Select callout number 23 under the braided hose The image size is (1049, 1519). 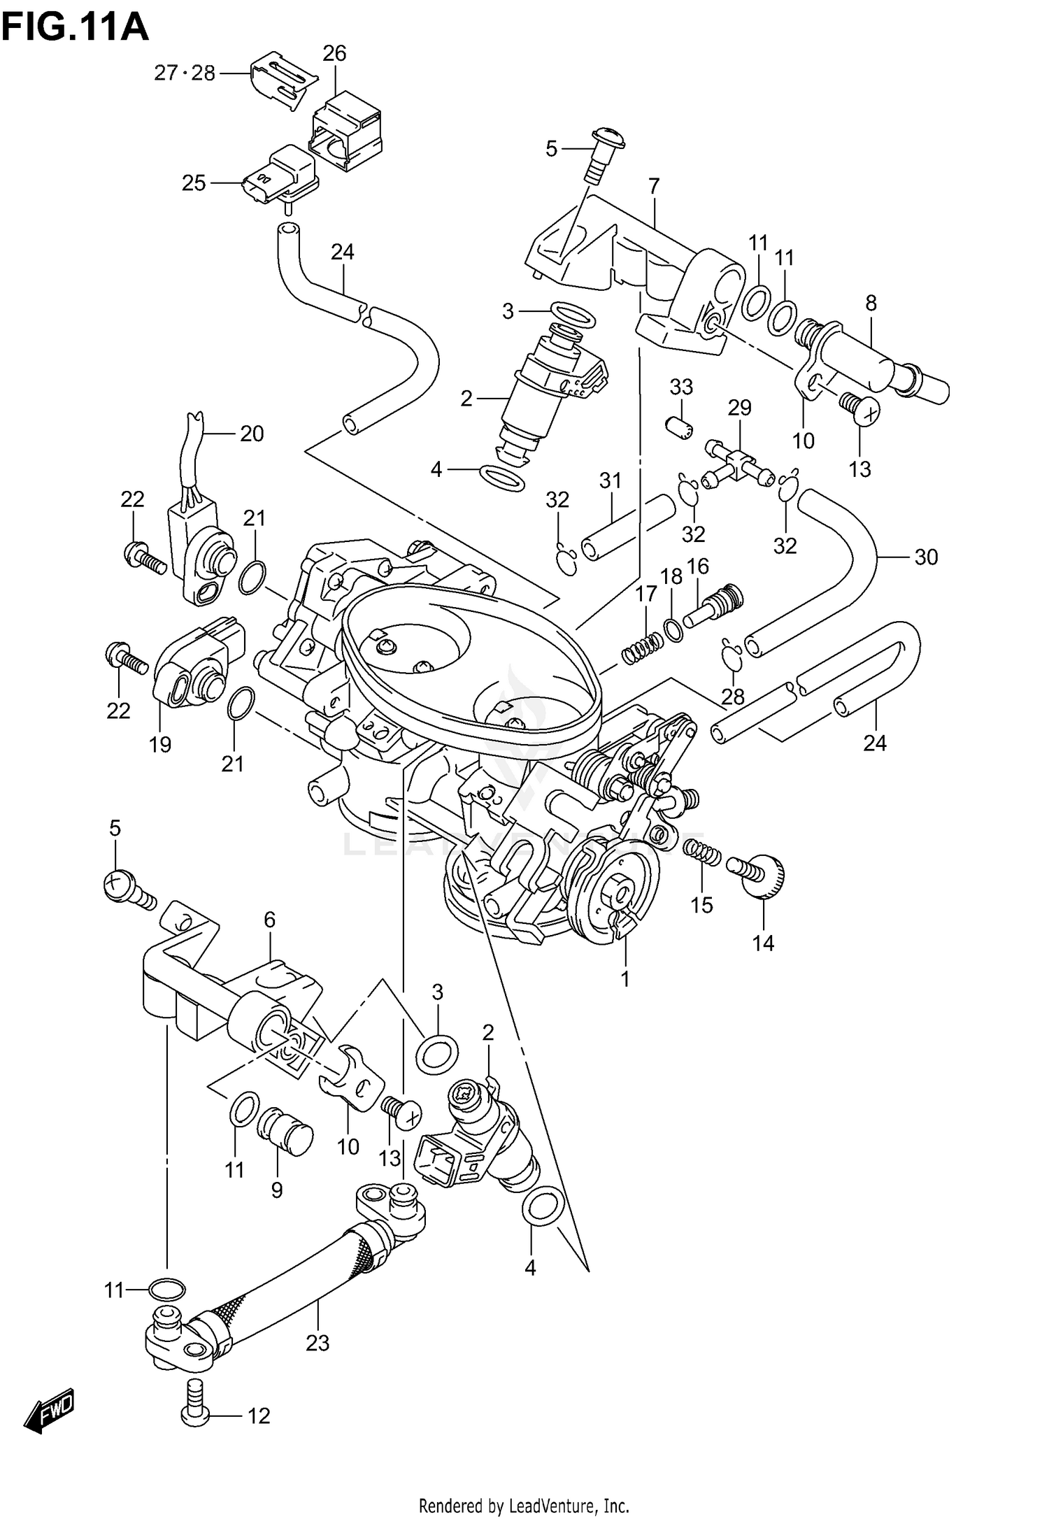pyautogui.click(x=317, y=1343)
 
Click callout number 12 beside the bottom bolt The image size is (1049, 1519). pyautogui.click(x=258, y=1416)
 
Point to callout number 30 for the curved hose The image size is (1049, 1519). pyautogui.click(x=926, y=557)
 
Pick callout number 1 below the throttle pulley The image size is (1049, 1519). pyautogui.click(x=625, y=979)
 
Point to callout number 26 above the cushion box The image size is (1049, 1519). pyautogui.click(x=334, y=53)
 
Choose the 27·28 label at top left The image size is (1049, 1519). pyautogui.click(x=185, y=73)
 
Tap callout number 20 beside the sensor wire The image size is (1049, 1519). pyautogui.click(x=252, y=434)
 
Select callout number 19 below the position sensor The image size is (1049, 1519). pyautogui.click(x=160, y=744)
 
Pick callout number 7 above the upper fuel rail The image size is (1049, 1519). pyautogui.click(x=654, y=186)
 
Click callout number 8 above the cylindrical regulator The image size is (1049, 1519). pyautogui.click(x=870, y=303)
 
